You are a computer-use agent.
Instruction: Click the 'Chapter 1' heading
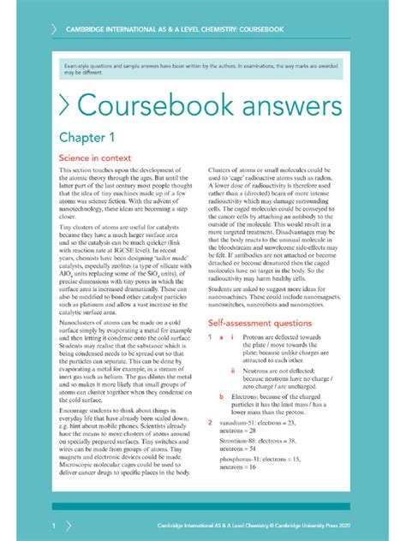[x=86, y=137]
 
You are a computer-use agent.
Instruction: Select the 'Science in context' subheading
[x=93, y=158]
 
